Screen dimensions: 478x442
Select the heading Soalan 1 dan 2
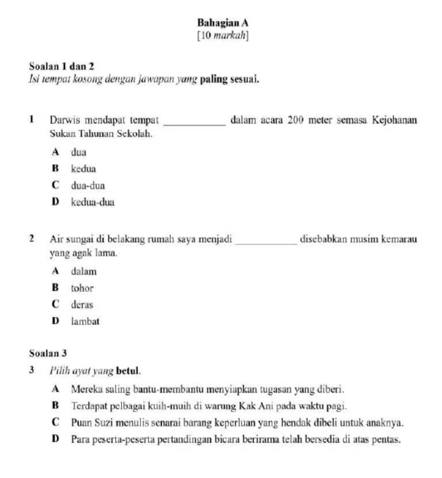click(x=61, y=67)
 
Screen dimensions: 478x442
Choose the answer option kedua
click(x=84, y=169)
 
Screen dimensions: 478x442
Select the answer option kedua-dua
click(x=93, y=202)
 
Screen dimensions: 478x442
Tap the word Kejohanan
click(x=394, y=121)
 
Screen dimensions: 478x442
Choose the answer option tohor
click(x=82, y=288)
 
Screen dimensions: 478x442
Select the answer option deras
click(x=82, y=305)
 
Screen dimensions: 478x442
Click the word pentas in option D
click(x=388, y=439)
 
